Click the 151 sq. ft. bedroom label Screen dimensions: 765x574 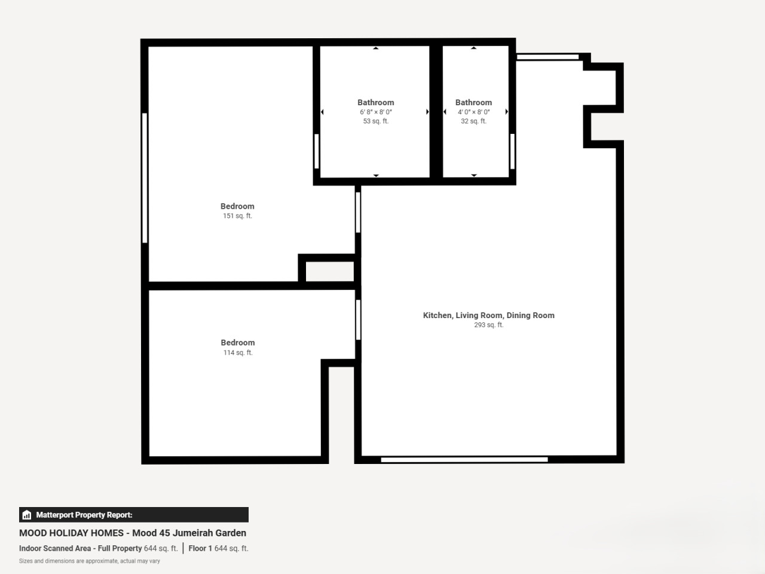click(237, 211)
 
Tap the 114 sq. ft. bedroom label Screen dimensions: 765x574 click(238, 347)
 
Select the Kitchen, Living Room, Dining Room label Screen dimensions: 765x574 click(489, 316)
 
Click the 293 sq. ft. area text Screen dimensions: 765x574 click(489, 325)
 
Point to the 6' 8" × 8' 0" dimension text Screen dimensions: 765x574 click(376, 112)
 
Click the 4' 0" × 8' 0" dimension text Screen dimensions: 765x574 click(473, 112)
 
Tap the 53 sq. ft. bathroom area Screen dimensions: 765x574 click(376, 121)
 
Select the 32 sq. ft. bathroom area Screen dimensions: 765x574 click(473, 121)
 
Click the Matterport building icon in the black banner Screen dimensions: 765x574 click(27, 515)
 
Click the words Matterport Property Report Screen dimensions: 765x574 click(84, 515)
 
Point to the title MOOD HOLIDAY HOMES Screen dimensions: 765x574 click(71, 533)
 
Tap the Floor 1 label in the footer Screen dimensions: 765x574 click(200, 548)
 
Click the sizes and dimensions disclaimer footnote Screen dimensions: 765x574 click(90, 561)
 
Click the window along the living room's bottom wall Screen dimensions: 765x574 click(464, 460)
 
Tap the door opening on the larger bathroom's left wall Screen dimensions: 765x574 click(317, 152)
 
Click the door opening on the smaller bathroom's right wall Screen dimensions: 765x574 click(512, 152)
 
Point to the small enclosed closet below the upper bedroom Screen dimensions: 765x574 click(330, 271)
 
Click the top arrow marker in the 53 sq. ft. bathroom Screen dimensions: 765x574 click(376, 48)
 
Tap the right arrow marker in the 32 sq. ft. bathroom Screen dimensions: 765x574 click(506, 112)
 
